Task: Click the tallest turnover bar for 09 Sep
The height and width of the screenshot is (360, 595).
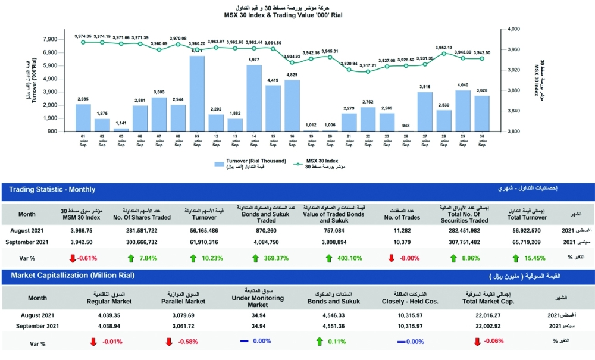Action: click(197, 93)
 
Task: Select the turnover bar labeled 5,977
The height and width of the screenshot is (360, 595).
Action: click(254, 98)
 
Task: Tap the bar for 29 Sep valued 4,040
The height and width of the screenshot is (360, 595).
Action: click(463, 111)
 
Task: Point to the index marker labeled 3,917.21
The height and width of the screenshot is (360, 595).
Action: click(368, 71)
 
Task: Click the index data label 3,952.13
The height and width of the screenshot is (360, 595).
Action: click(444, 48)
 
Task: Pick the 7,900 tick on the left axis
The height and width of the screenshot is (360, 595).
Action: click(50, 39)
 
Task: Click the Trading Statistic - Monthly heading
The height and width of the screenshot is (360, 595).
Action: click(52, 190)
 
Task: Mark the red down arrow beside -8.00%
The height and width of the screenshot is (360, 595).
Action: click(391, 258)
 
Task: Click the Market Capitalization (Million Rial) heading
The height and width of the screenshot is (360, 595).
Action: click(71, 276)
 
